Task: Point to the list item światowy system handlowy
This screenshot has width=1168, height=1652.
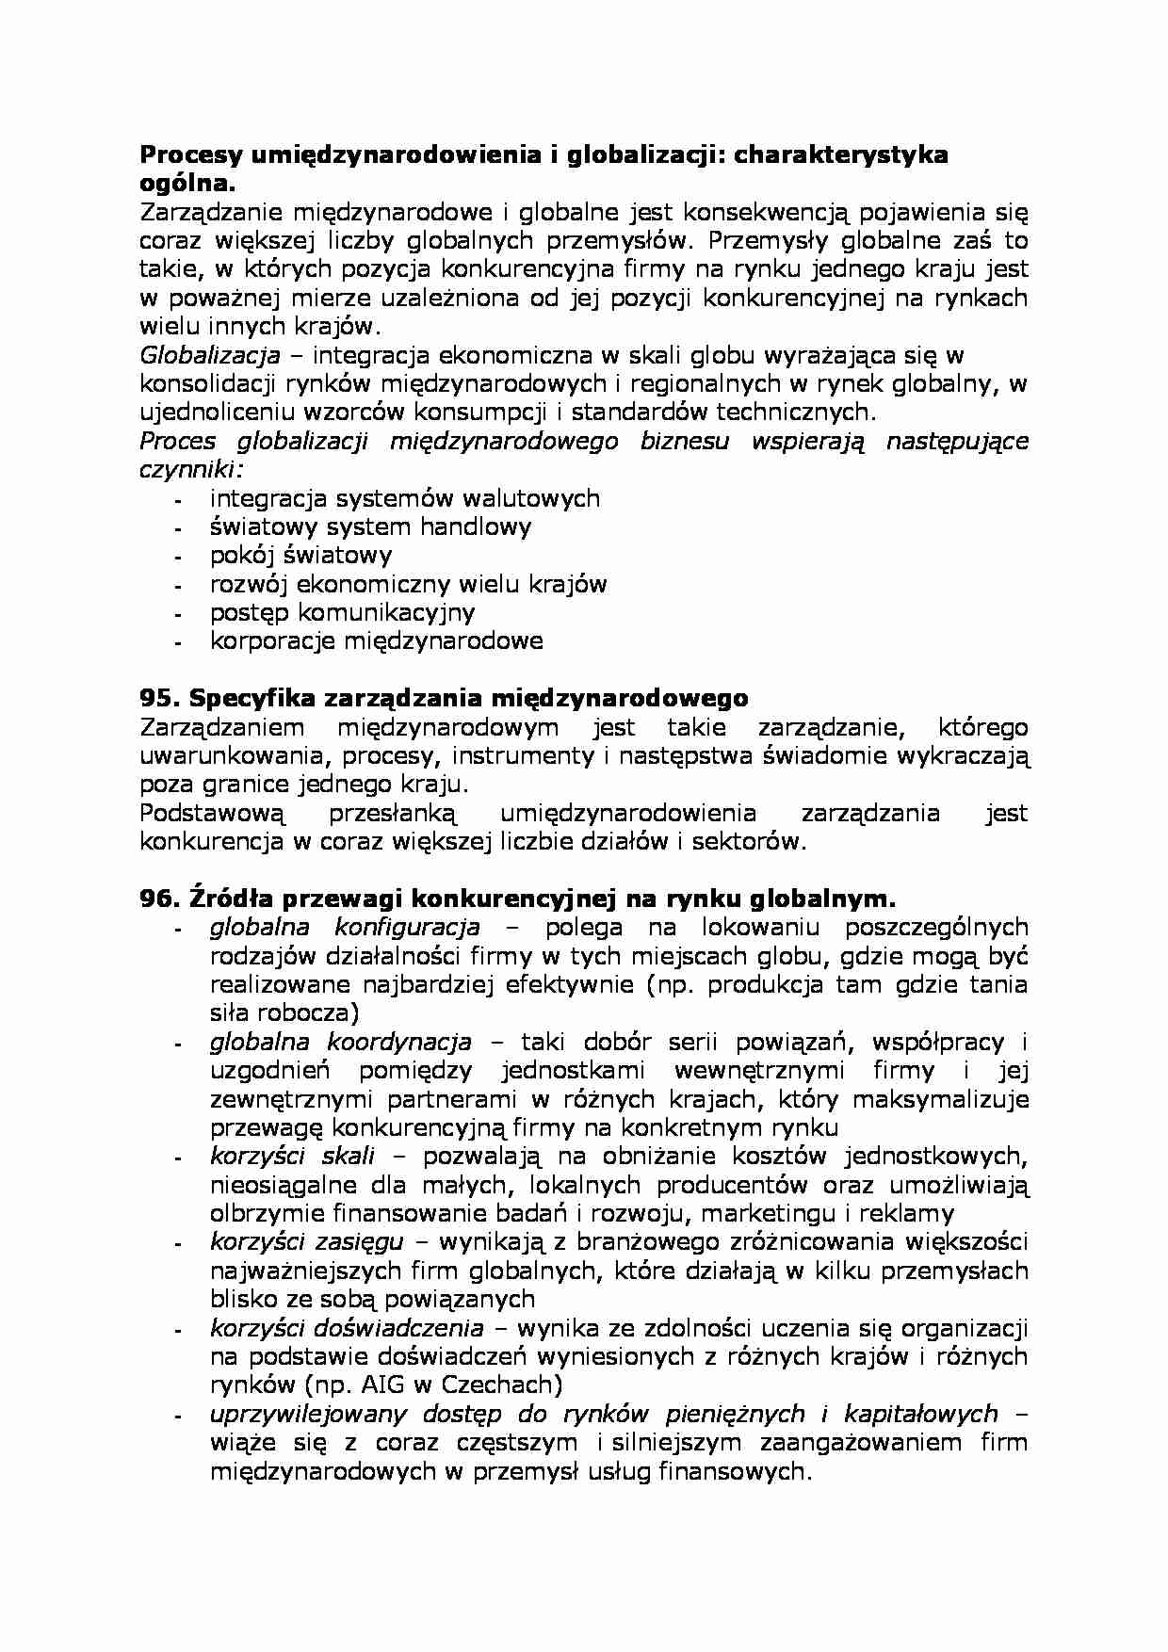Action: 370,526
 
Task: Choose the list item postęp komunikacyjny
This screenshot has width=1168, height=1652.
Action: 342,613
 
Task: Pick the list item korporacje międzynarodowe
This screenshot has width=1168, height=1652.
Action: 376,641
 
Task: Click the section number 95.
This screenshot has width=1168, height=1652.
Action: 159,698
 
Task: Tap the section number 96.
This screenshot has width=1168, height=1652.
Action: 159,899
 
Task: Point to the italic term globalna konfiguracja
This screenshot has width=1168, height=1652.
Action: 345,927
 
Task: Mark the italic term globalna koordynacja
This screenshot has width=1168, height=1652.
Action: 340,1042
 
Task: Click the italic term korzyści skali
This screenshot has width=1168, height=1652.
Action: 292,1157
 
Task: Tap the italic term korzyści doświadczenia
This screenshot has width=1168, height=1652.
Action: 347,1328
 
